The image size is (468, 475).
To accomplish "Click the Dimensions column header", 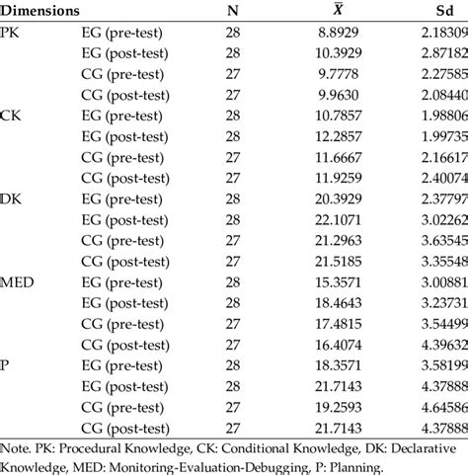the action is click(40, 12).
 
